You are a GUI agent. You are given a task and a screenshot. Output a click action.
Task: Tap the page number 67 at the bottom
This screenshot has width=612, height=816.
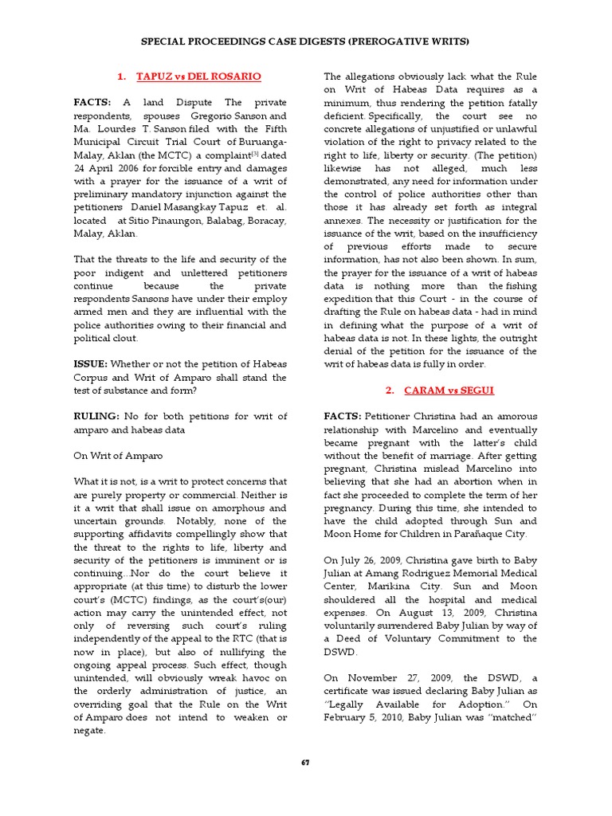[x=305, y=763]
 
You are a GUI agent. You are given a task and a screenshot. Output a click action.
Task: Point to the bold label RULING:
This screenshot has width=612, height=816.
[x=96, y=417]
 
